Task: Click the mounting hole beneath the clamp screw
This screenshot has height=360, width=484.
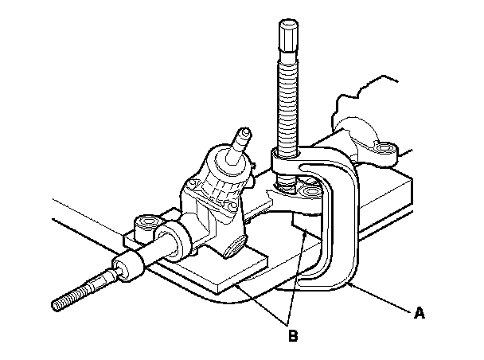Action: [x=306, y=191]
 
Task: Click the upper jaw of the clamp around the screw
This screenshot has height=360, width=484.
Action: [x=295, y=163]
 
